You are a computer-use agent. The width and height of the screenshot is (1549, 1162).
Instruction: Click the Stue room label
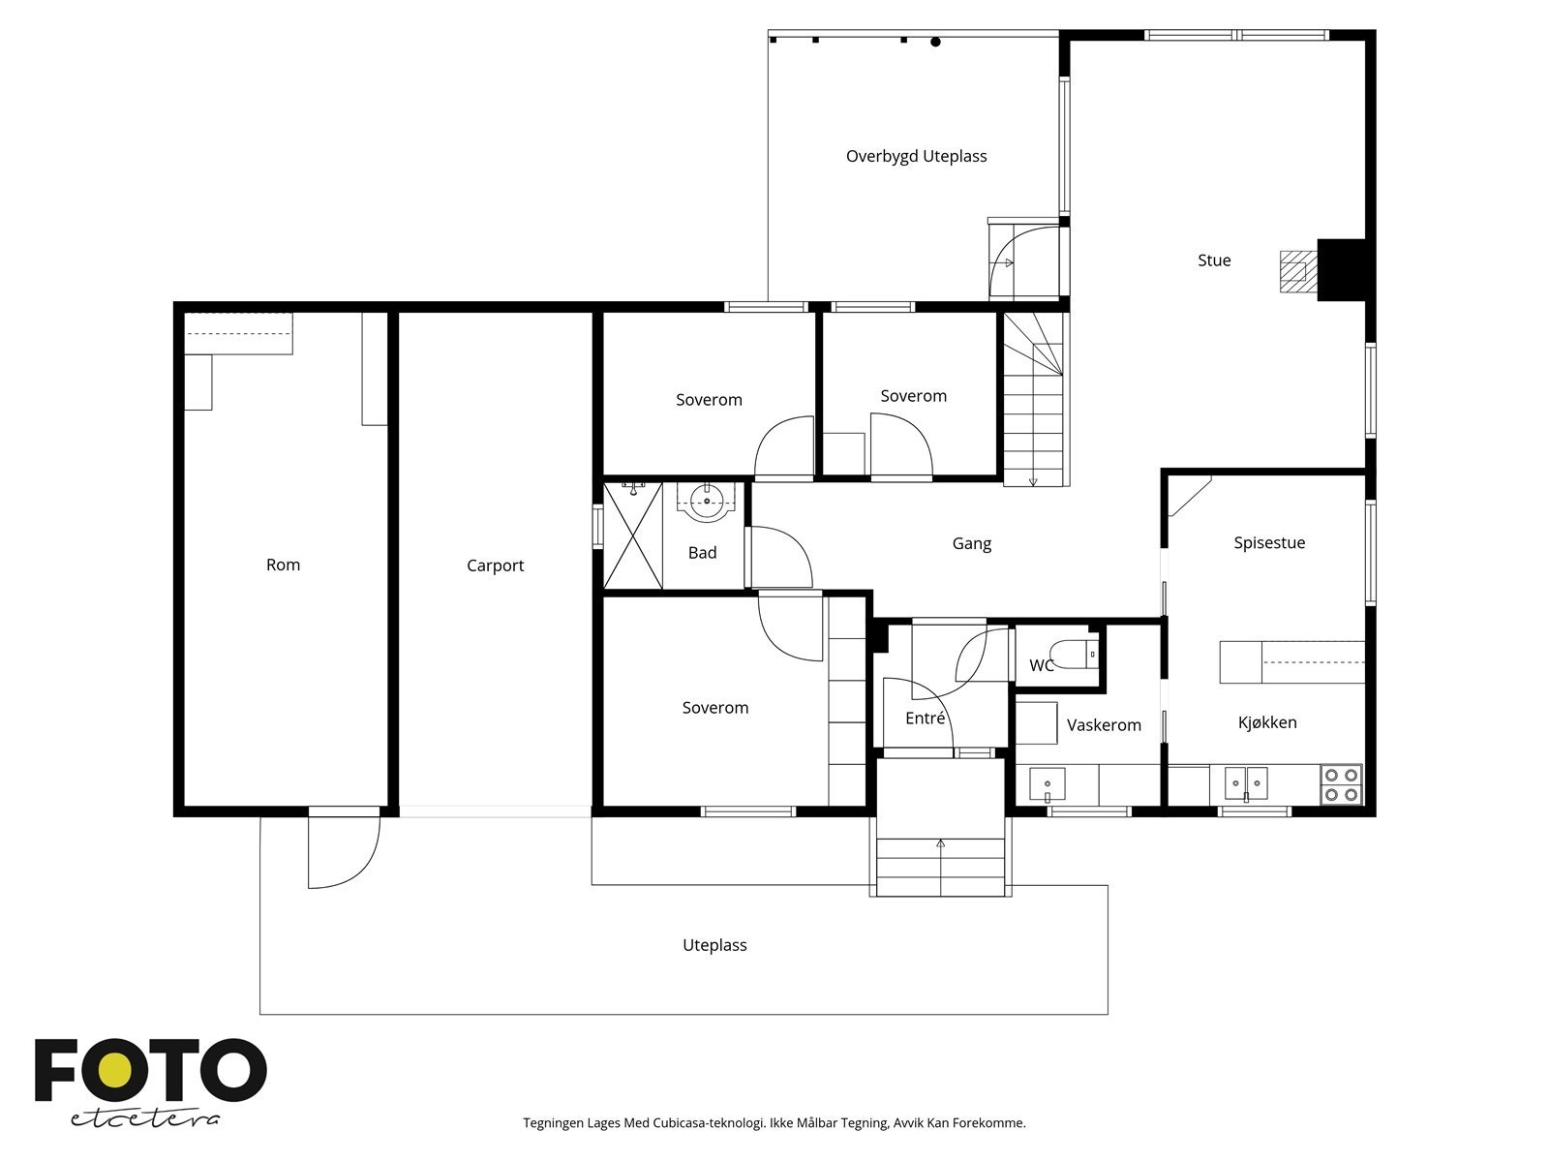(1214, 260)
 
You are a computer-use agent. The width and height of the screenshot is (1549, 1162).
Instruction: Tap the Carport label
(495, 566)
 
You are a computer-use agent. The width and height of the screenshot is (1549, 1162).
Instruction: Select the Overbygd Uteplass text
(916, 157)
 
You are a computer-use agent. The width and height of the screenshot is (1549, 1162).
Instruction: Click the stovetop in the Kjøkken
(1341, 783)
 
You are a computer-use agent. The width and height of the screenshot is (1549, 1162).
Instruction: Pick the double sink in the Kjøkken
(1246, 783)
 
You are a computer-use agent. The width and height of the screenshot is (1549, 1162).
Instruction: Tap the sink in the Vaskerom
(1048, 784)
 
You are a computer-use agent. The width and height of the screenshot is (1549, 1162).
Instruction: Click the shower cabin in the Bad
(633, 535)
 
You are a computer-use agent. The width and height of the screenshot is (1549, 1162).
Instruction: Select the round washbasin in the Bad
(707, 502)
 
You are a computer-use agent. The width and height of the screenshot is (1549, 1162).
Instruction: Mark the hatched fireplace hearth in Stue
(1298, 272)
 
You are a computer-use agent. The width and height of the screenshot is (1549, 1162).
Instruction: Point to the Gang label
(972, 544)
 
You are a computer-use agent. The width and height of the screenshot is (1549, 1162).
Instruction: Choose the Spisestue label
(1269, 543)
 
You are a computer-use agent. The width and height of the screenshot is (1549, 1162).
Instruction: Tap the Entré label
(925, 719)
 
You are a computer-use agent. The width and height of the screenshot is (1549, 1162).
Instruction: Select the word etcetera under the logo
(144, 1118)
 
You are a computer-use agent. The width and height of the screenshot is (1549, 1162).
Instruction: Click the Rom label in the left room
(283, 566)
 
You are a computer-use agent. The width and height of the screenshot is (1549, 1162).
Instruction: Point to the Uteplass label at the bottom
(714, 945)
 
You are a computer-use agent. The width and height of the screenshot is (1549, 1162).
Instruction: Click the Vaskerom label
(1104, 725)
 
